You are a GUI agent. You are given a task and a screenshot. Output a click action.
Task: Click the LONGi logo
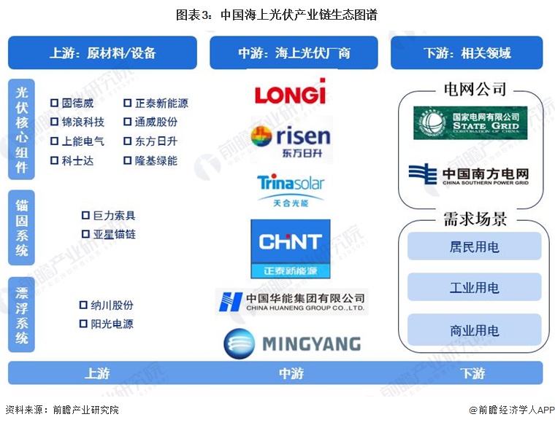290,93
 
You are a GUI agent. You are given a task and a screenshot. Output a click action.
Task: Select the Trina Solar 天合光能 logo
290,190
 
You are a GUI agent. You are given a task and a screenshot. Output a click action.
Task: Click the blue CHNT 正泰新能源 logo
290,249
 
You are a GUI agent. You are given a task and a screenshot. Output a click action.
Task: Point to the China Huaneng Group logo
291,300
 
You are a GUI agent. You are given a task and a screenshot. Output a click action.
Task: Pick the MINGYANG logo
291,343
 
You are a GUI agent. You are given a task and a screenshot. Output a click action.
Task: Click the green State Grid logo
470,122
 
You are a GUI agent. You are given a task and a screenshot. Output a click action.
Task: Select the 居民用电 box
474,246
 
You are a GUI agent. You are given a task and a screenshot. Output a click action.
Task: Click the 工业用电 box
474,288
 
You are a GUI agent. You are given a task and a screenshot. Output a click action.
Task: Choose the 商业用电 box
474,330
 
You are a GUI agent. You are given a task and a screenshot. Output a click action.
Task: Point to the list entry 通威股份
156,122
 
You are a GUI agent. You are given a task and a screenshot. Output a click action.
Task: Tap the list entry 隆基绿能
156,160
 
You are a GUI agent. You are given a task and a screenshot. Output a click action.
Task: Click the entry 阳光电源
112,324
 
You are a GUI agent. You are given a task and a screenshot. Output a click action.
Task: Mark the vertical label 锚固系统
22,227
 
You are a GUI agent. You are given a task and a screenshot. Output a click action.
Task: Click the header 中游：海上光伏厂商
294,53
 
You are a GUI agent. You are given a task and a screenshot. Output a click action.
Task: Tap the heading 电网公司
475,89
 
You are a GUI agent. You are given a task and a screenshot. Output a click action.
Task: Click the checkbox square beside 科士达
54,160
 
